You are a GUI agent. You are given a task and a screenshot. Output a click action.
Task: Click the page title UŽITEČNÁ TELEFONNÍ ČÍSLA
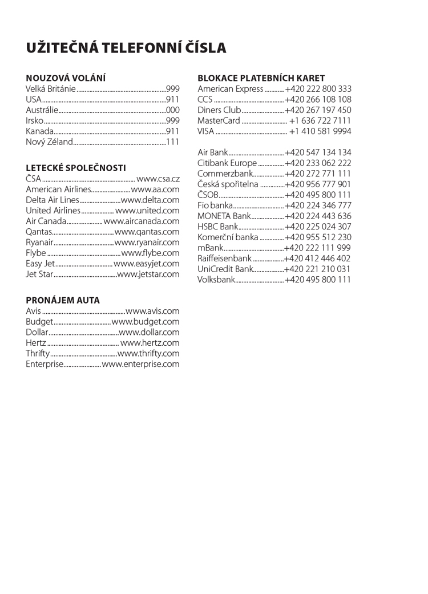(126, 48)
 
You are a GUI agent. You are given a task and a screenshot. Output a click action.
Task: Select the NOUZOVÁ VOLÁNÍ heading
(66, 78)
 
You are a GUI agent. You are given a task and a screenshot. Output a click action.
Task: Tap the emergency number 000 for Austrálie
(172, 110)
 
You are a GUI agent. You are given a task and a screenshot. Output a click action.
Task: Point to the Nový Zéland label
(49, 142)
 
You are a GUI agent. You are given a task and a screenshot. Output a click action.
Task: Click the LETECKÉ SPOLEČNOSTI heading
(76, 168)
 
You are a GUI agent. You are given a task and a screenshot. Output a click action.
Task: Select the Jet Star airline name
(39, 274)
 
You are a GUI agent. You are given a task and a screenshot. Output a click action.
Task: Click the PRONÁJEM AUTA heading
(63, 300)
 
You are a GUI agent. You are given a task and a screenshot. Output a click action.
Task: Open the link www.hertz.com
(150, 343)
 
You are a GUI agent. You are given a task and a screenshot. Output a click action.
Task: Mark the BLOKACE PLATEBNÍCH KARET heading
(261, 78)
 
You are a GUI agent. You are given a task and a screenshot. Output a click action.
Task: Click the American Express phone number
(318, 89)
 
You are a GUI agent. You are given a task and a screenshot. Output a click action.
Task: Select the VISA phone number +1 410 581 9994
(320, 132)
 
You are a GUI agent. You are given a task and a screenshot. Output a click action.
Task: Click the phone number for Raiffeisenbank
(317, 258)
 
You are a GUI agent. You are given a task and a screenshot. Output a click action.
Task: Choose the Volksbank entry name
(216, 280)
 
